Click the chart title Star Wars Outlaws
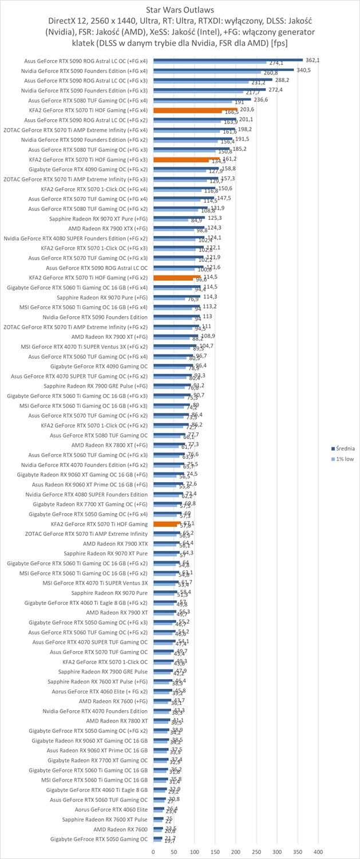click(180, 10)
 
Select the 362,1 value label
click(312, 60)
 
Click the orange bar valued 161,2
click(187, 159)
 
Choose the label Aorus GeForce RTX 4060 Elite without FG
click(111, 809)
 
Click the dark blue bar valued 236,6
click(202, 99)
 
